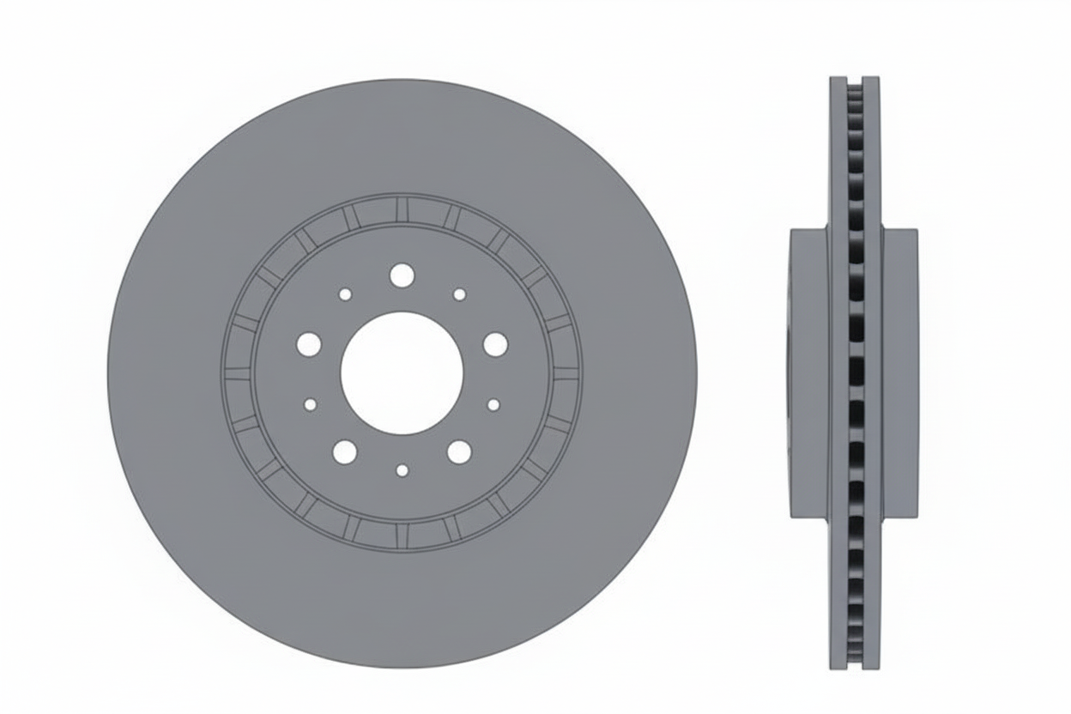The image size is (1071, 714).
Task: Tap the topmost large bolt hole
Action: click(402, 275)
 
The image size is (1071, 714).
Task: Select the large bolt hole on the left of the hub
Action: click(309, 344)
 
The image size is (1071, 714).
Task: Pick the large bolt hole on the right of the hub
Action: click(495, 344)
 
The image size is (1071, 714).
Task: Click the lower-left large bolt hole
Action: click(345, 451)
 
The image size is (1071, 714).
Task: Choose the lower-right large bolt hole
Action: click(459, 451)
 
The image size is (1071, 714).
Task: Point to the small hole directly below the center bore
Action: click(402, 470)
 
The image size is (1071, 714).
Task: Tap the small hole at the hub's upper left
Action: click(345, 294)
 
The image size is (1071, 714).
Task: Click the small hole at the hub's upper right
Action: click(459, 294)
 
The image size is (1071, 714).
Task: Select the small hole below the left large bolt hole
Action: click(310, 404)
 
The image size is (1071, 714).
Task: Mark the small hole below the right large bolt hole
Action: click(493, 404)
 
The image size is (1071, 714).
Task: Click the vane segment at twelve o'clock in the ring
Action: click(402, 209)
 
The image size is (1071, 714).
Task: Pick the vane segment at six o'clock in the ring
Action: click(402, 534)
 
